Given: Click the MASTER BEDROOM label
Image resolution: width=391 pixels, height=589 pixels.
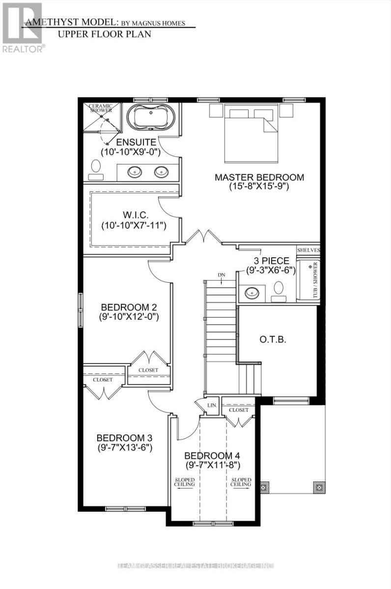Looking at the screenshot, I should point(259,177).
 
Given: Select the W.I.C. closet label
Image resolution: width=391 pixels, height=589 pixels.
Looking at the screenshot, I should point(134,215).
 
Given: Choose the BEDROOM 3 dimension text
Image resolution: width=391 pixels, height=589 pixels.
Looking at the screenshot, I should point(125,448).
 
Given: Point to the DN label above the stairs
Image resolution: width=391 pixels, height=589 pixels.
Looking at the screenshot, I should point(222,274).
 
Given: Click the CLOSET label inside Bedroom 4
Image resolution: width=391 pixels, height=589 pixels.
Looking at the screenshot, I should point(239,410).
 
